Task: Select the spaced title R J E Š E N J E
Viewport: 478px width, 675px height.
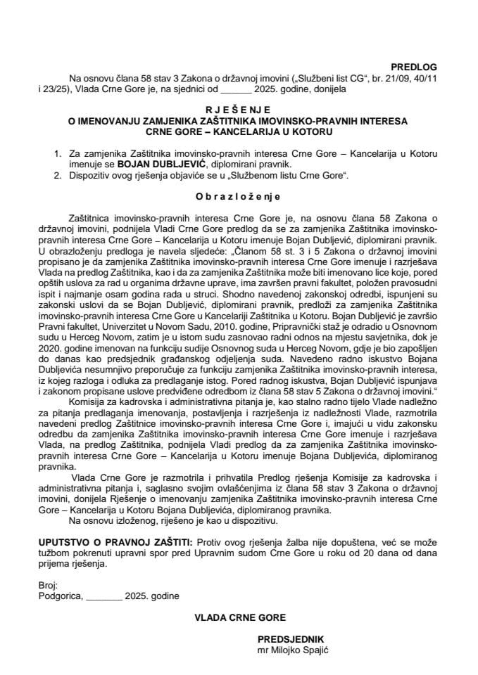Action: (239, 110)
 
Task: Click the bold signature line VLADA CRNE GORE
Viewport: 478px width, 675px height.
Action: (239, 617)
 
